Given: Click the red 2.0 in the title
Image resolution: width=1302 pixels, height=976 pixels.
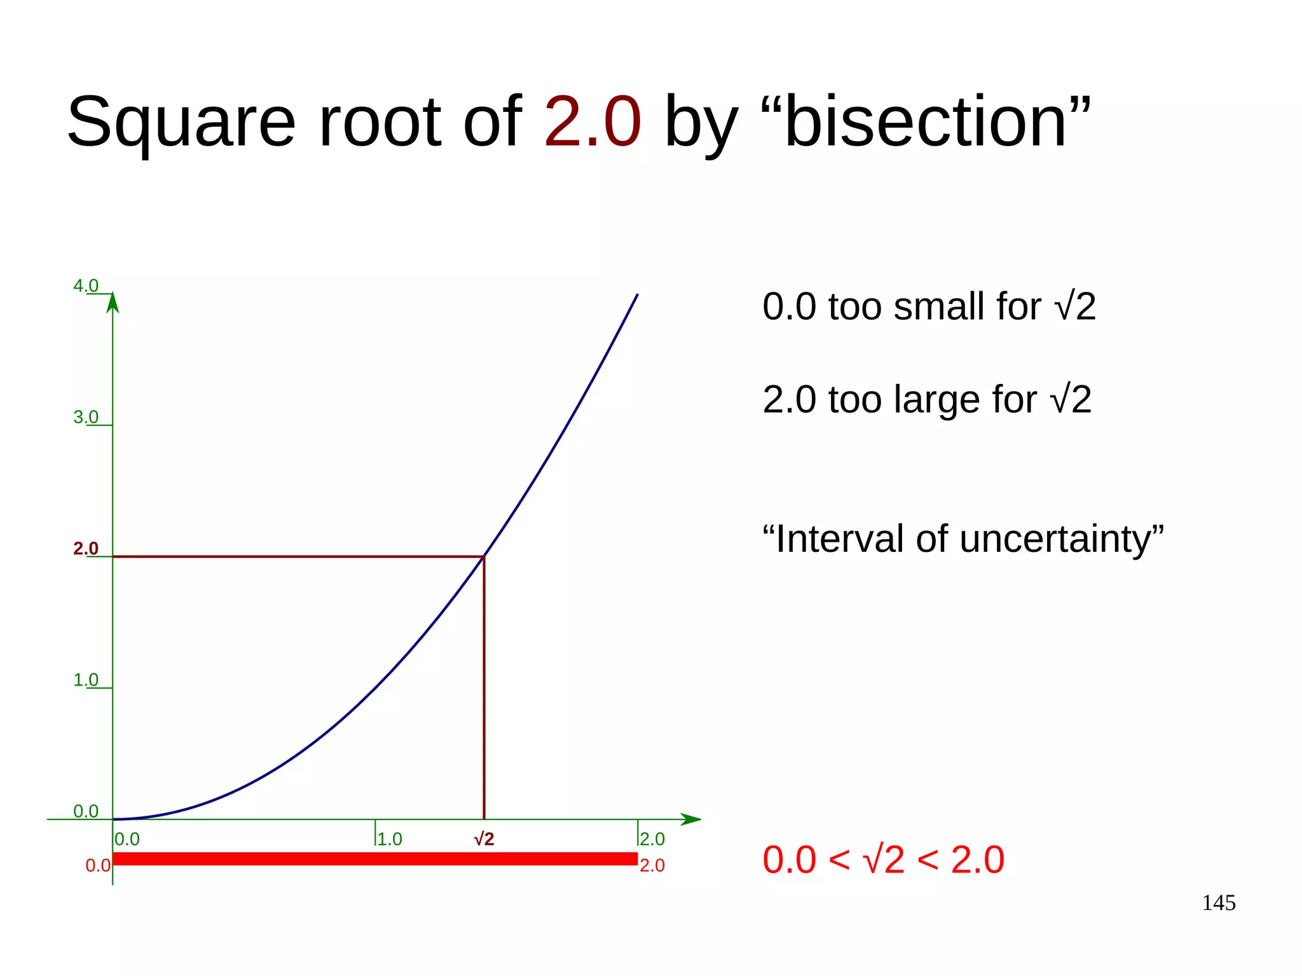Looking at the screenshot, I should pyautogui.click(x=592, y=121).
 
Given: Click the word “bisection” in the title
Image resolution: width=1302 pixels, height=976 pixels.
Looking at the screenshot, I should pyautogui.click(x=925, y=121).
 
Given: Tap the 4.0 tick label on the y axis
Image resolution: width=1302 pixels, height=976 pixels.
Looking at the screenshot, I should pyautogui.click(x=86, y=286).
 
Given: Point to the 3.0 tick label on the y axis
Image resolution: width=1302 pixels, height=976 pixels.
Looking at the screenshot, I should pyautogui.click(x=86, y=417).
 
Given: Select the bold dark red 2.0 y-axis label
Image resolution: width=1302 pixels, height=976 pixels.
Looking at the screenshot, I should pyautogui.click(x=86, y=548).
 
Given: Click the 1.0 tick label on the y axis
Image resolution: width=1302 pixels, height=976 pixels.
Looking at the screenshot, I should pyautogui.click(x=86, y=680).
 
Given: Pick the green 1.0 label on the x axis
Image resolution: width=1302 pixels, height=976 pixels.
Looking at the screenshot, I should pyautogui.click(x=390, y=839).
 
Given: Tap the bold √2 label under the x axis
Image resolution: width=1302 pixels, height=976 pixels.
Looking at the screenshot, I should pyautogui.click(x=484, y=839).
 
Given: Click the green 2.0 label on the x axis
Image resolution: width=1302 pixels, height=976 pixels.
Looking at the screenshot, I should pyautogui.click(x=652, y=839).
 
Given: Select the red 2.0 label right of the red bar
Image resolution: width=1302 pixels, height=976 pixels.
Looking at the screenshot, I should pyautogui.click(x=652, y=865).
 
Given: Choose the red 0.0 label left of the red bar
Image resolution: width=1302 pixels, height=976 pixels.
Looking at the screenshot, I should pyautogui.click(x=98, y=866).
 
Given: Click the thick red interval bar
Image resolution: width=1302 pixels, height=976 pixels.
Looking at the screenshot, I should pyautogui.click(x=375, y=858).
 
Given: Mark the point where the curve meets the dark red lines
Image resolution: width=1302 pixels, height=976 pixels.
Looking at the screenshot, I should pyautogui.click(x=484, y=556).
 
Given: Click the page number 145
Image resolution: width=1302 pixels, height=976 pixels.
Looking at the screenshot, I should pyautogui.click(x=1218, y=903).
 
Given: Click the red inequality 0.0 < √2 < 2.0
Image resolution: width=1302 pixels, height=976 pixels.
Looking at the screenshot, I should pyautogui.click(x=883, y=860).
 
